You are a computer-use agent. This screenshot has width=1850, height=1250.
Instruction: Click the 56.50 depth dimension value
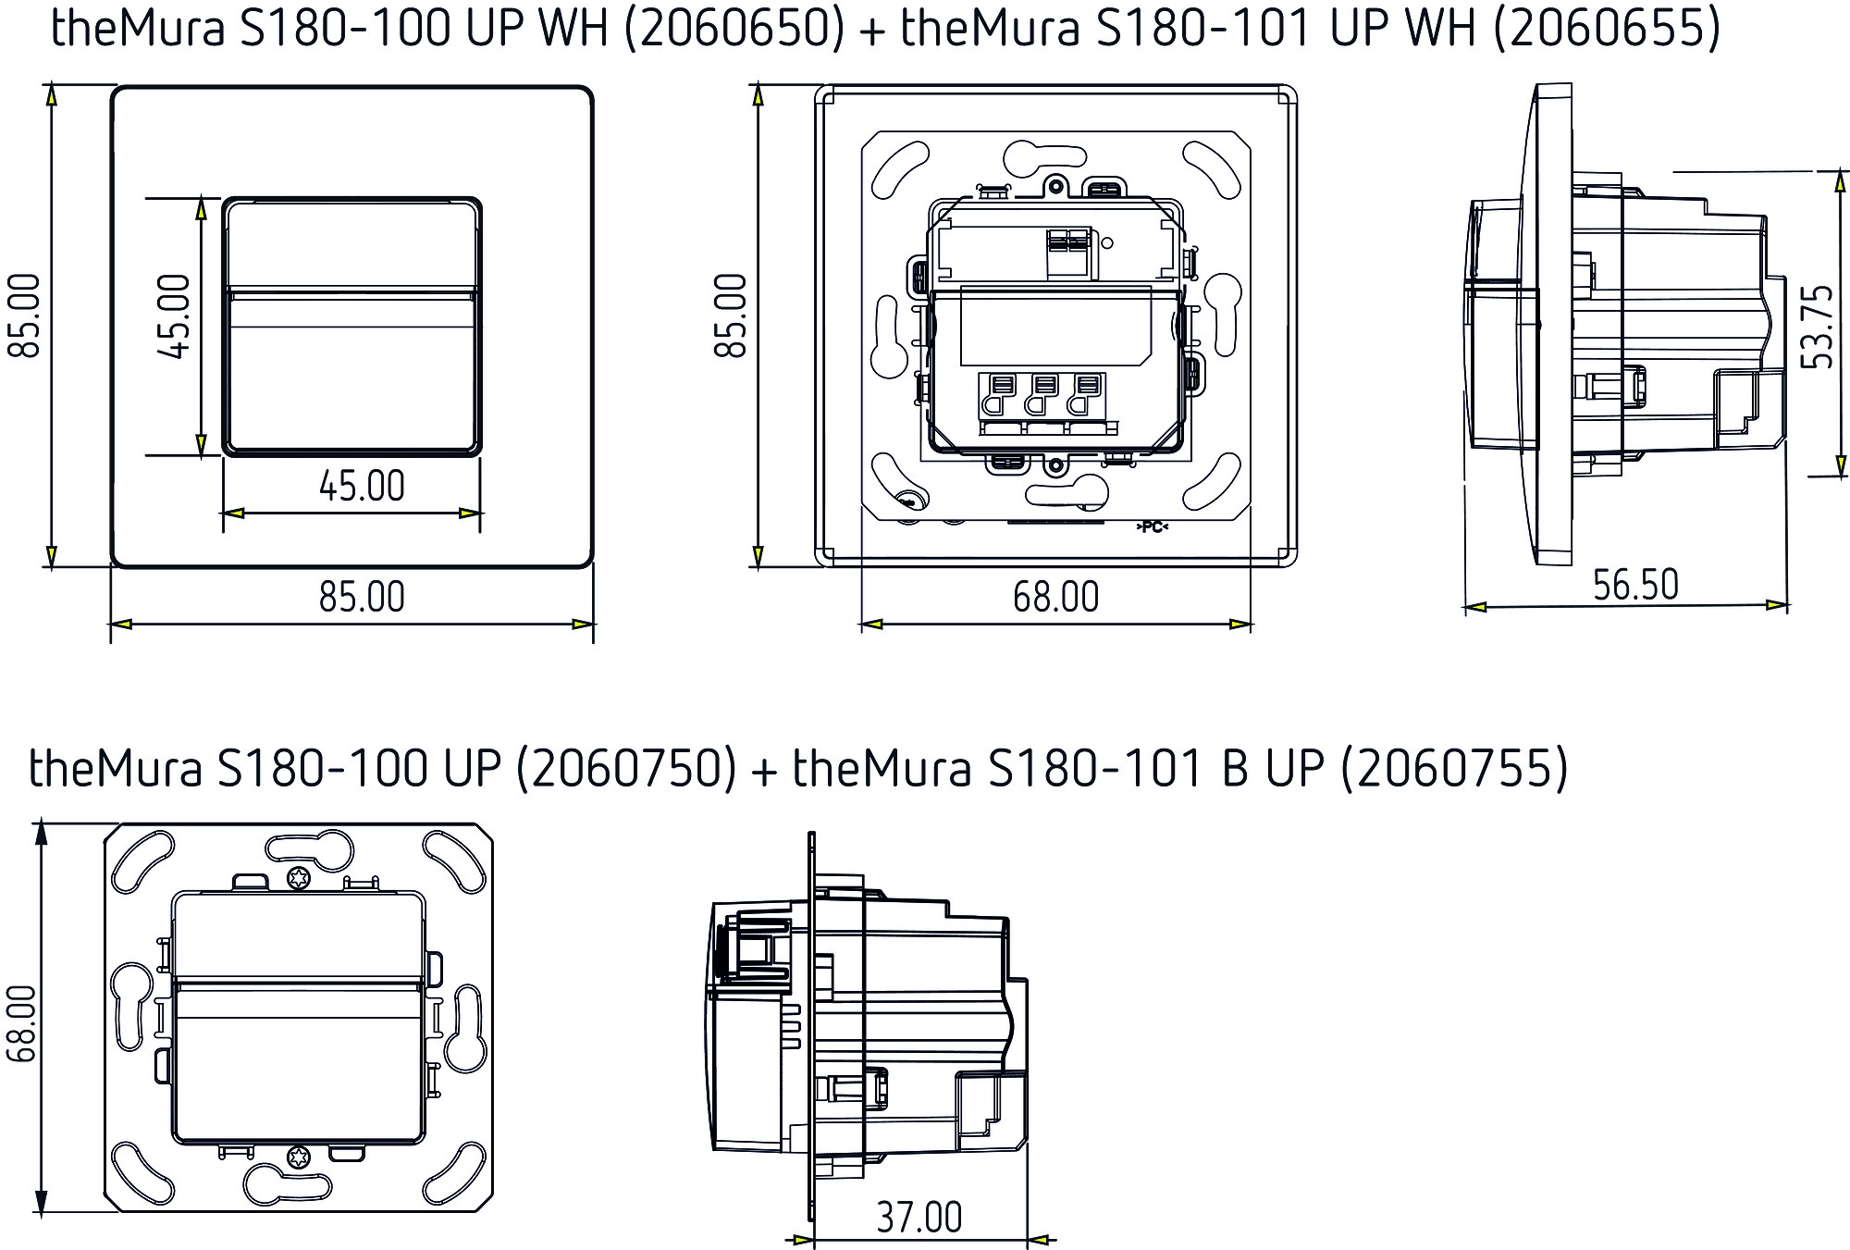tap(1634, 585)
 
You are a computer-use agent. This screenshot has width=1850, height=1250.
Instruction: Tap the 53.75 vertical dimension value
tap(1818, 326)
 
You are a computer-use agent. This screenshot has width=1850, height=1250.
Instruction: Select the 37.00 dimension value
tap(919, 1217)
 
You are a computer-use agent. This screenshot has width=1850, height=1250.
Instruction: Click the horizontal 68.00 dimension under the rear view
tap(1055, 597)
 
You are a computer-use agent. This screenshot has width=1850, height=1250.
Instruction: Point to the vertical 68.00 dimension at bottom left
tap(20, 1021)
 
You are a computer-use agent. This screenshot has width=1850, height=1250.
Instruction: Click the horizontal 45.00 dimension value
tap(362, 486)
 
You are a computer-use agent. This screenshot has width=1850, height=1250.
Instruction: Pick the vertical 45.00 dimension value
tap(174, 316)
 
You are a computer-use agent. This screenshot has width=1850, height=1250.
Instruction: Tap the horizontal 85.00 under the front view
tap(362, 597)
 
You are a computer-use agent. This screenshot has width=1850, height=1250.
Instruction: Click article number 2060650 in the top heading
tap(734, 28)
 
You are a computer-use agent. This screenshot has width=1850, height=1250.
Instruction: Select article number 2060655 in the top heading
tap(1608, 28)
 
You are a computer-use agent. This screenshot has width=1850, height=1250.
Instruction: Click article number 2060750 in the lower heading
tap(626, 768)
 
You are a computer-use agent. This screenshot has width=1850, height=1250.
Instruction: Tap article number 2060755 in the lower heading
tap(1454, 768)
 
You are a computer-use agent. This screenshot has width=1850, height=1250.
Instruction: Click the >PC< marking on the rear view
tap(1152, 527)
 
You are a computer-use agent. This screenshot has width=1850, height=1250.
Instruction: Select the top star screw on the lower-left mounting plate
tap(298, 878)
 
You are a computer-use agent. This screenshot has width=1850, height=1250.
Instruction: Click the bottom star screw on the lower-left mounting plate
tap(298, 1156)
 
